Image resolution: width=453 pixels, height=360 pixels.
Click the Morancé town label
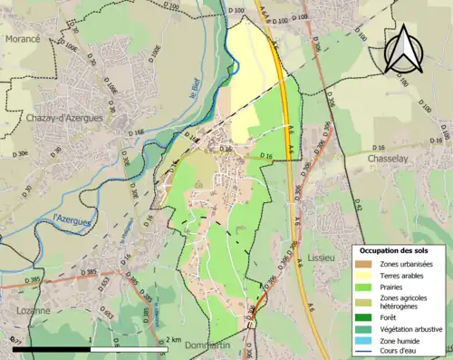(22, 40)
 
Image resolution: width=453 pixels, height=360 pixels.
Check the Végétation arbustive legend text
(412, 328)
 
